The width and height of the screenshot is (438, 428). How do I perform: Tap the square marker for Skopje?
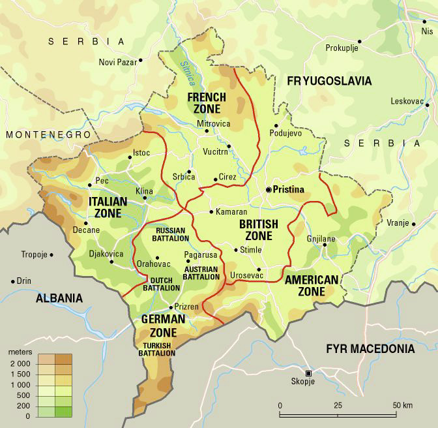[309, 373]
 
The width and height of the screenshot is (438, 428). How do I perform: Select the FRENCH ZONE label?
[207, 103]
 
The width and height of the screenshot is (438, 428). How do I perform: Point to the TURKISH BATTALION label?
[157, 349]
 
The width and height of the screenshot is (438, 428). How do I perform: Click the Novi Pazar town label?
[117, 62]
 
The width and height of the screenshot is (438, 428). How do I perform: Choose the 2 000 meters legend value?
[20, 363]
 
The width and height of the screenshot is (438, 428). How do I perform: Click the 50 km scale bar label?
[402, 406]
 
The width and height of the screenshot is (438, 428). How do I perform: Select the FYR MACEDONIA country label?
[370, 349]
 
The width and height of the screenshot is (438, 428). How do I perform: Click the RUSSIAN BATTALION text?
[171, 234]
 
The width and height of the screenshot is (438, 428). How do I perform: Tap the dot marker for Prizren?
[171, 307]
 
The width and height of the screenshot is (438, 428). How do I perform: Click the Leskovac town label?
[405, 101]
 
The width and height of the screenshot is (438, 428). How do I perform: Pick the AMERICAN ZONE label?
[312, 285]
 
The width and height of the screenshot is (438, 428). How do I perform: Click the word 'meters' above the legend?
[20, 352]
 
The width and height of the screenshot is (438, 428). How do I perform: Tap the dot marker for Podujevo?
[277, 125]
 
